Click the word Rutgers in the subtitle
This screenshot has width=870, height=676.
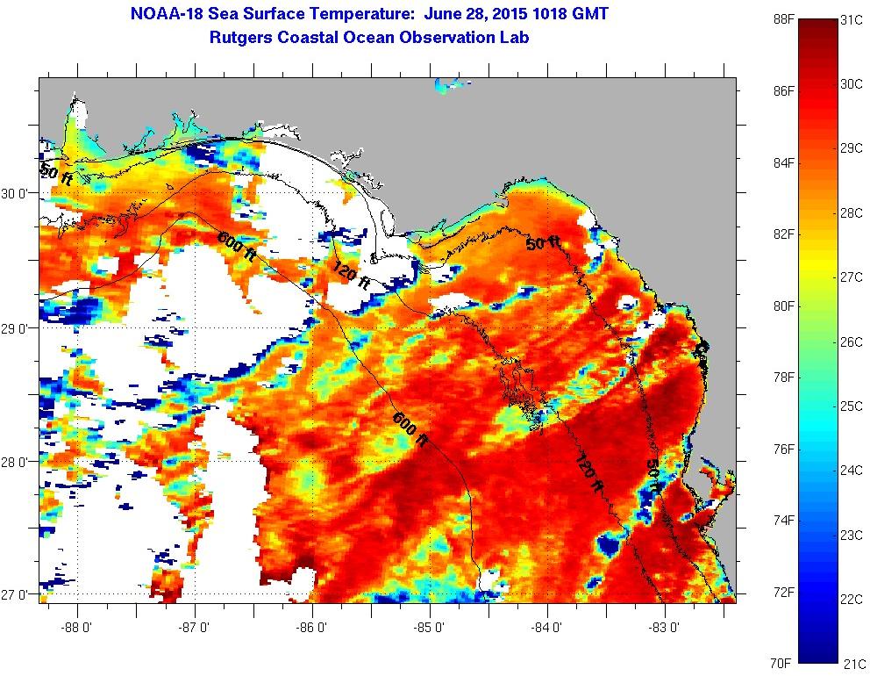(244, 38)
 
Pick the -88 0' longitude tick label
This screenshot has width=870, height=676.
(78, 628)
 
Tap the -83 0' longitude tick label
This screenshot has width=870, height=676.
(665, 628)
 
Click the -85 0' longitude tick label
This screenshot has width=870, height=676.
(430, 628)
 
